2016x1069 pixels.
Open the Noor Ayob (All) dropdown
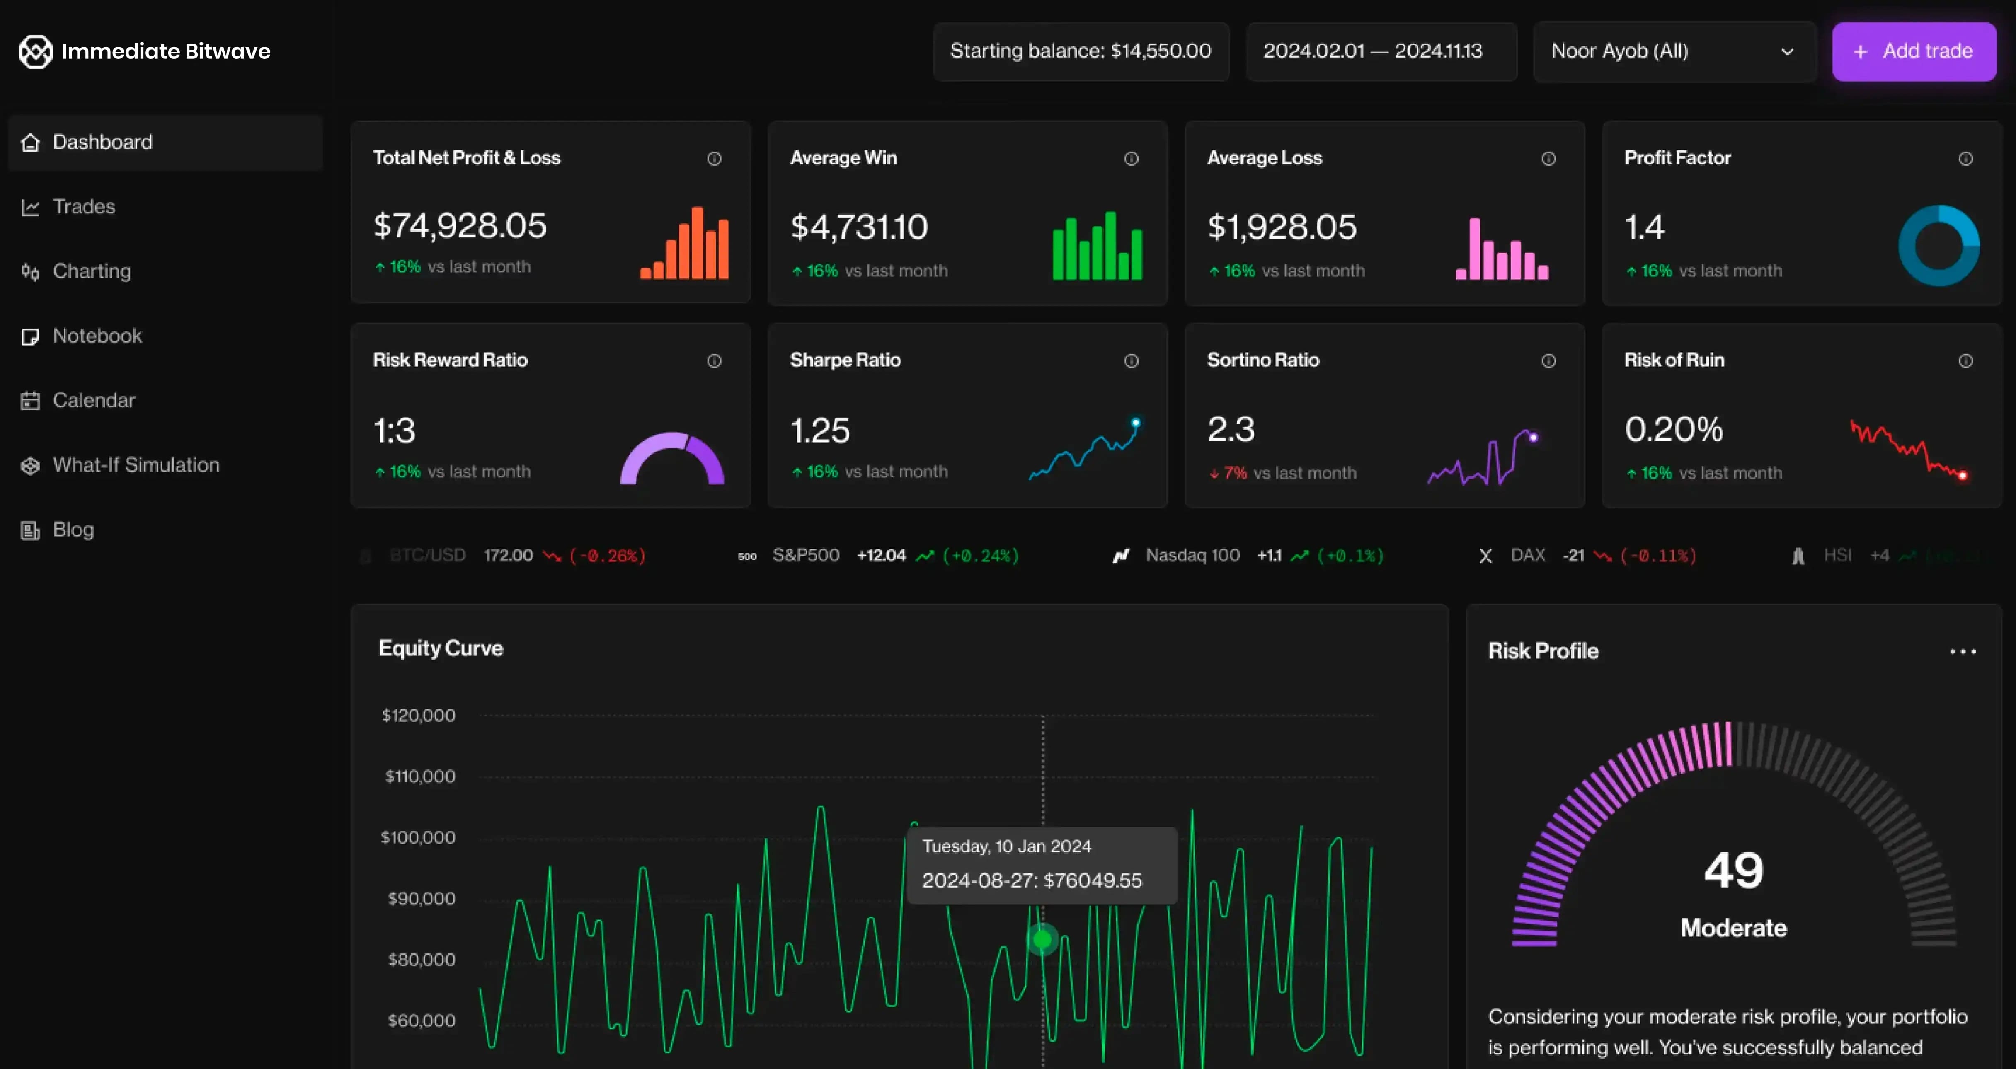coord(1673,52)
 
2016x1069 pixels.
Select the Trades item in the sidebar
coord(84,207)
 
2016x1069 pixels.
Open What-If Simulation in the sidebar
coord(136,465)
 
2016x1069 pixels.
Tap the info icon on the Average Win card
coord(1131,159)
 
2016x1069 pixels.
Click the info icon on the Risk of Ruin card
coord(1965,361)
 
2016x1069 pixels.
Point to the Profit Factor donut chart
coord(1938,246)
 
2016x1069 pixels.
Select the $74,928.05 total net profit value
coord(459,226)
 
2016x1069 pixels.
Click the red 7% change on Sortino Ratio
coord(1234,474)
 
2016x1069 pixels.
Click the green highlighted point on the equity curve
coord(1042,938)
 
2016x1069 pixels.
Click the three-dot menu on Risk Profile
coord(1962,651)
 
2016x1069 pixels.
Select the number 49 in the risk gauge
coord(1733,870)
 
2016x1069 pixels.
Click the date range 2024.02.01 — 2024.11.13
coord(1373,52)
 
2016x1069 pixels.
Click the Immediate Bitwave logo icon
coord(35,52)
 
